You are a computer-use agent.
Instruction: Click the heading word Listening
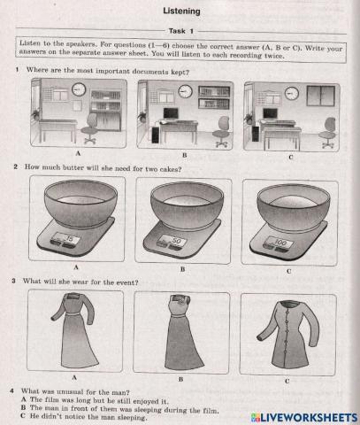coord(181,12)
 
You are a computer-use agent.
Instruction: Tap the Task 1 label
coord(181,31)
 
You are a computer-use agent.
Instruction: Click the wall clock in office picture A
coord(79,89)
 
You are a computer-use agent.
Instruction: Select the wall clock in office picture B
coord(185,91)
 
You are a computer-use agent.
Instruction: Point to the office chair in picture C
coord(327,133)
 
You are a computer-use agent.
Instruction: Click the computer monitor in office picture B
coord(171,114)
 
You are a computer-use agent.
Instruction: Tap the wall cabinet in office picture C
coord(320,96)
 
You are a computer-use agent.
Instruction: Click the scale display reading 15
coord(65,238)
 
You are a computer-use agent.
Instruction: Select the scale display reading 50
coord(172,241)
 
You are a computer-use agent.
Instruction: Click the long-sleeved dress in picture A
coord(75,330)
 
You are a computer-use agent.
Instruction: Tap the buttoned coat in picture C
coord(287,334)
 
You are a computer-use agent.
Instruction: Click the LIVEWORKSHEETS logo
coord(303,418)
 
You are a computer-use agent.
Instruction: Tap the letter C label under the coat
coord(287,381)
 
